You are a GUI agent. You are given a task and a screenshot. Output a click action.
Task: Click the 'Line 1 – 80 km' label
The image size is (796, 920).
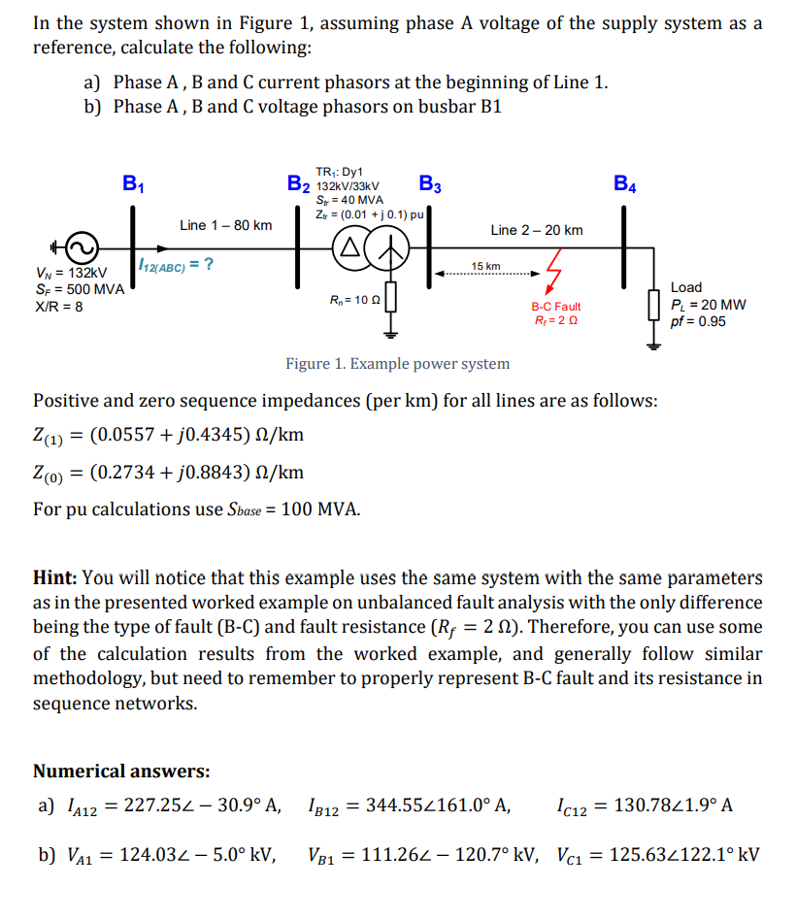[225, 225]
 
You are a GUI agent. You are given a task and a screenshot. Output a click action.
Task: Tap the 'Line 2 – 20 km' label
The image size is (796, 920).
[537, 230]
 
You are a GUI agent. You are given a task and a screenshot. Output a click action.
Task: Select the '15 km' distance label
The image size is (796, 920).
[485, 266]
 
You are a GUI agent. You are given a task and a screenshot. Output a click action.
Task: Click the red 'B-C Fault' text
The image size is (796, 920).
[555, 307]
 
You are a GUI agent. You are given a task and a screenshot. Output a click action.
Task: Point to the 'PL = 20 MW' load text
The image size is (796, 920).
[708, 305]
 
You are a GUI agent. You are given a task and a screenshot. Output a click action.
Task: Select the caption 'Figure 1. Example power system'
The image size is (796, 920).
[397, 364]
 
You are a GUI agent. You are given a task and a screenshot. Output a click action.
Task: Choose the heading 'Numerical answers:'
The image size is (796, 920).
[121, 772]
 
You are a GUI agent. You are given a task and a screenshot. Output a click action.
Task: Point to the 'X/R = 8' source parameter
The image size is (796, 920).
[58, 307]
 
